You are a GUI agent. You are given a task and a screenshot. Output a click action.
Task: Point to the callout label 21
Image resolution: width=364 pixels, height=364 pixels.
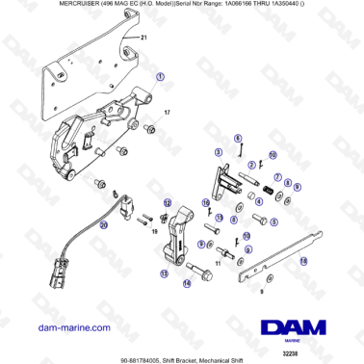coord(144,37)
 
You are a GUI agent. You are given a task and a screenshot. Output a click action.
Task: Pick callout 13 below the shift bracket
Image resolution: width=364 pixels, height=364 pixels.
coord(164,273)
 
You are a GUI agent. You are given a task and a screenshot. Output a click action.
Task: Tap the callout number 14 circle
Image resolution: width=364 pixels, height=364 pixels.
coord(186,283)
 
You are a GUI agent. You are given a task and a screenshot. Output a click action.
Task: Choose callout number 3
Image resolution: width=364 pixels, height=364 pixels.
coord(219,152)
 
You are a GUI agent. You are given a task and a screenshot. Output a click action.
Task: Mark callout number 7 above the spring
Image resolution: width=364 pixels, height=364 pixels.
coord(276,176)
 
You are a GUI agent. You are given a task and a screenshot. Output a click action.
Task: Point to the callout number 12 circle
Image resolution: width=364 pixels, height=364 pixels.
coord(168,202)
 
